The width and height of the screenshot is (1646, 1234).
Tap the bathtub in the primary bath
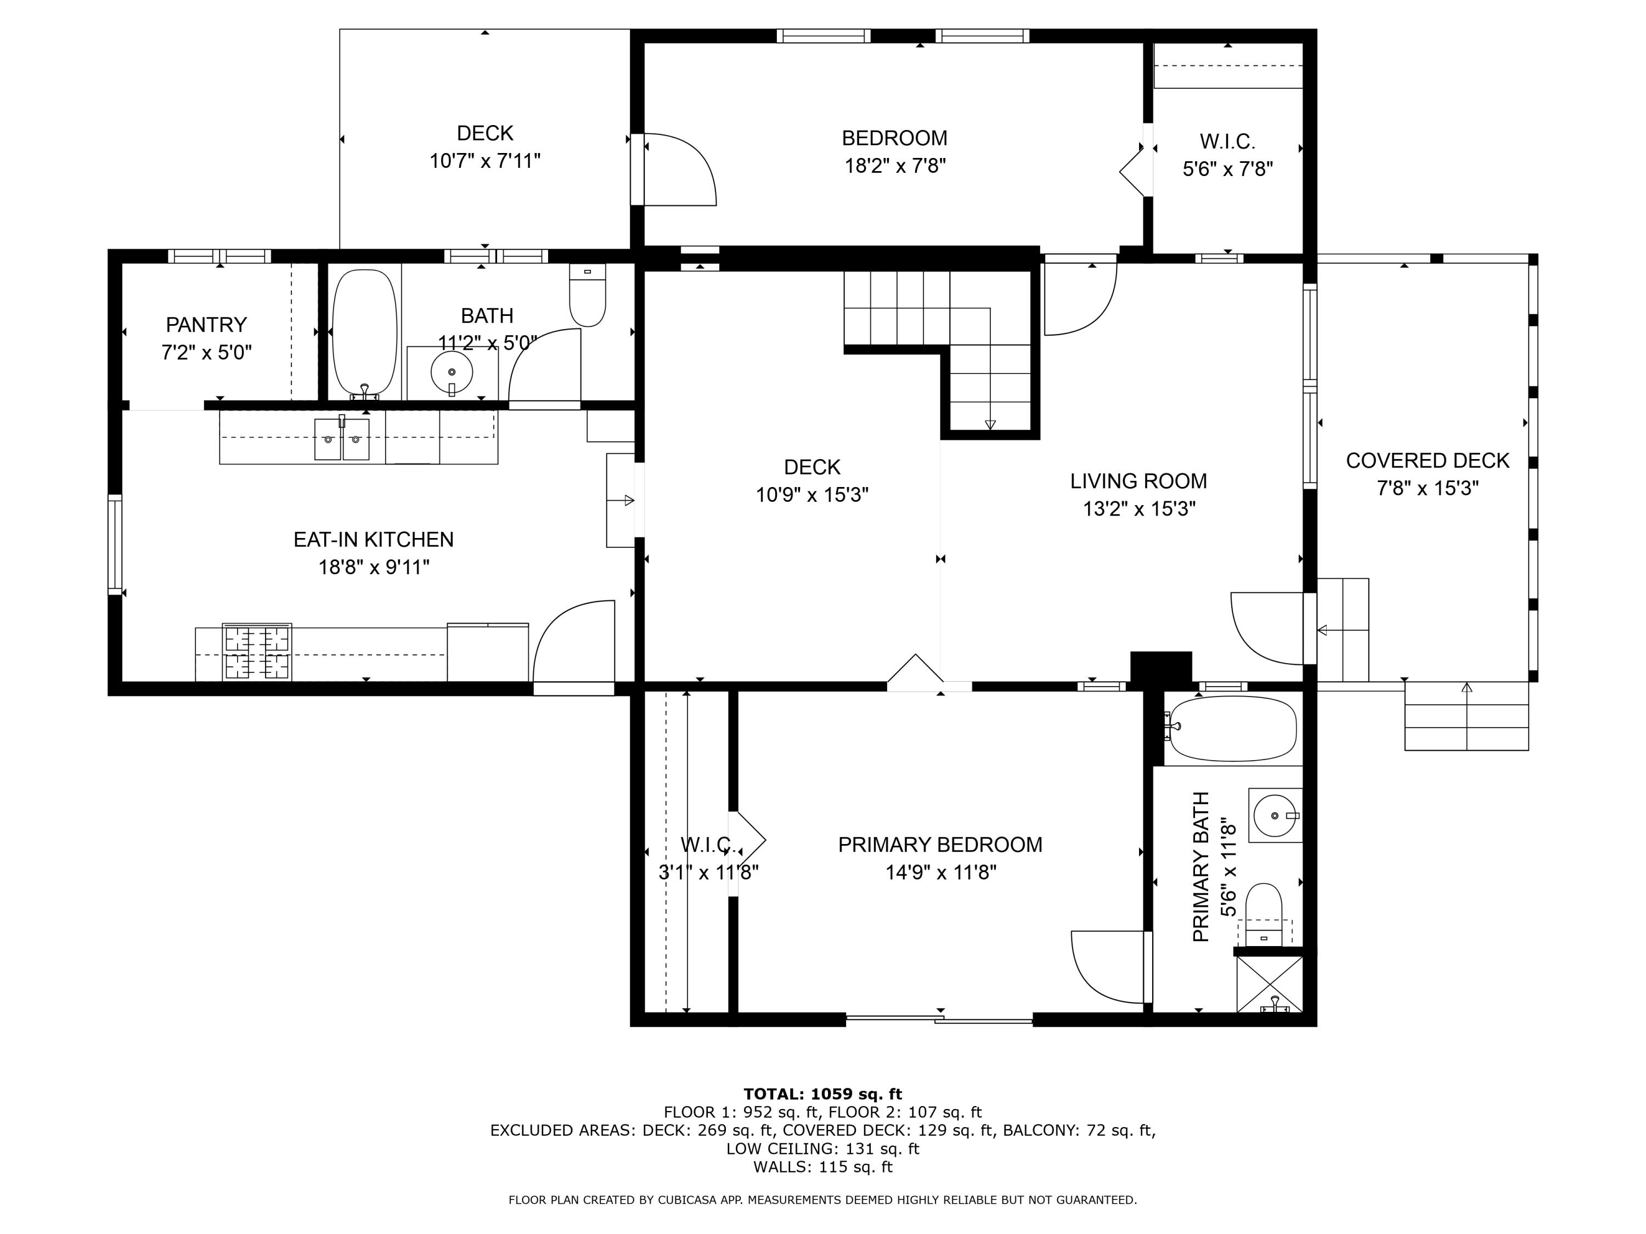tap(1233, 728)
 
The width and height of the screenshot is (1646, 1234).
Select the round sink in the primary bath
tap(1276, 816)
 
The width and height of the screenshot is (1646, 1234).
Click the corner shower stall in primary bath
tap(1270, 984)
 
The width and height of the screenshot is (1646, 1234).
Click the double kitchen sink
tap(342, 439)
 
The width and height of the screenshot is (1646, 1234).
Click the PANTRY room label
tap(206, 325)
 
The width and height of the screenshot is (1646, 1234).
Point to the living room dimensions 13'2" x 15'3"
tap(1138, 510)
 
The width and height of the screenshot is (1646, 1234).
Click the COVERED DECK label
tap(1427, 461)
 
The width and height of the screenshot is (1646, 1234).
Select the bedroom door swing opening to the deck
tap(677, 169)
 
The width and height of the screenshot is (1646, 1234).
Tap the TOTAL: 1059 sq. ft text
tap(822, 1094)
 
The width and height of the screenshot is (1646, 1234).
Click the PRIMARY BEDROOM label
tap(940, 845)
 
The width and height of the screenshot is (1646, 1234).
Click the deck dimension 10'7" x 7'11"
tap(484, 161)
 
